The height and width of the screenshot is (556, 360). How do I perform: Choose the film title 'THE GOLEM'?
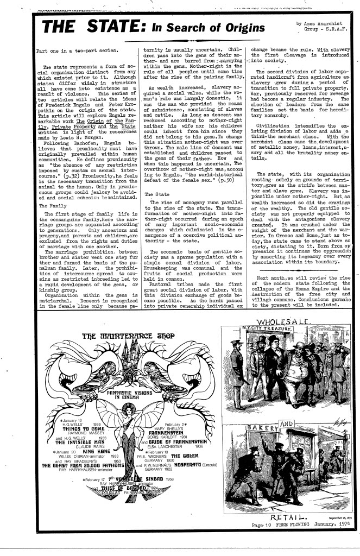[182, 456]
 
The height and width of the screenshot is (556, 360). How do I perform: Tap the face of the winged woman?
[129, 410]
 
